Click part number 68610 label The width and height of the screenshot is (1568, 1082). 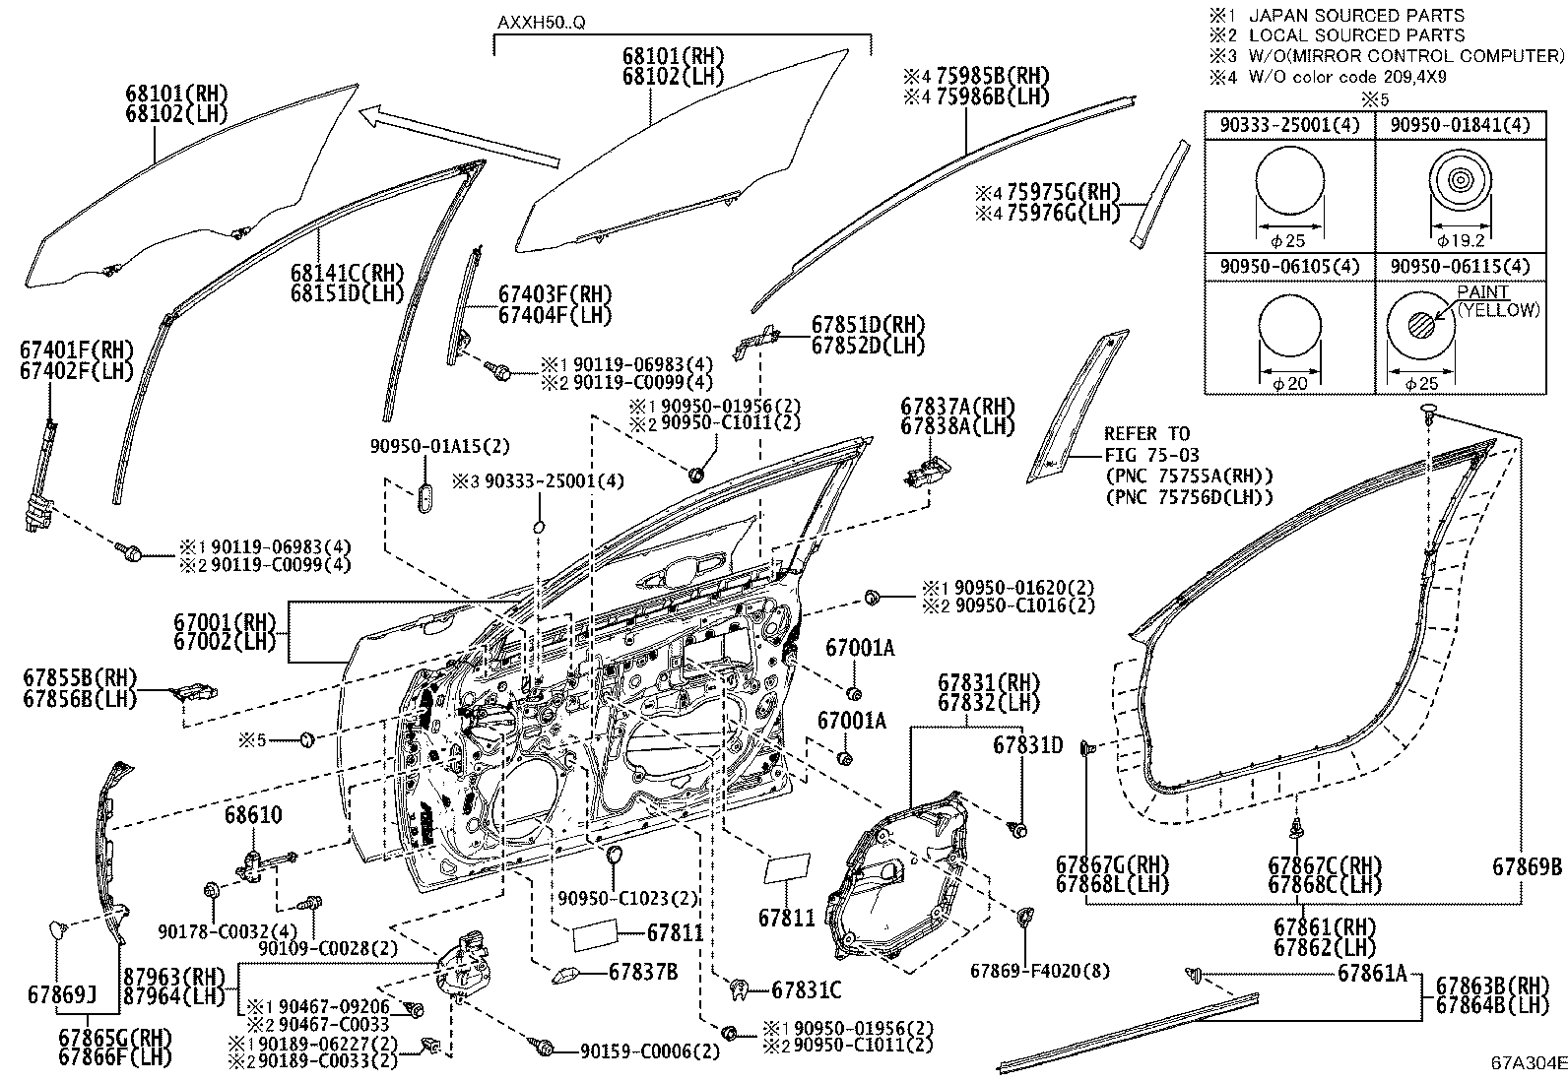coord(253,815)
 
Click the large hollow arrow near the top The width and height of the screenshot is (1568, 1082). coord(458,136)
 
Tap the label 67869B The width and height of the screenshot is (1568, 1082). coord(1527,866)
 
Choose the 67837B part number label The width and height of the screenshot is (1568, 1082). coord(642,972)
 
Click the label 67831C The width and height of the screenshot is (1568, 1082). coord(807,989)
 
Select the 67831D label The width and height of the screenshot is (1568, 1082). coord(1027,745)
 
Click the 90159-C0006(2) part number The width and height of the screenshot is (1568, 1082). coord(649,1051)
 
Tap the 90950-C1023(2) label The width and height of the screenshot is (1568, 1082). coord(627,899)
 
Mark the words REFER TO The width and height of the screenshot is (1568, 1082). coord(1146,434)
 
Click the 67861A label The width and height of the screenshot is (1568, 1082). coord(1373,974)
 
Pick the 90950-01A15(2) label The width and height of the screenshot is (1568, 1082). coord(440,446)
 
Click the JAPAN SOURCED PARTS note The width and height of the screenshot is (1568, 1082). coord(1355,16)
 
